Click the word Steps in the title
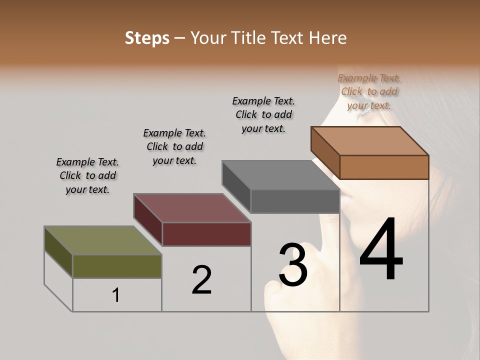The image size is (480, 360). [x=147, y=38]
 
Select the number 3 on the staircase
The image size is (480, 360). [x=293, y=264]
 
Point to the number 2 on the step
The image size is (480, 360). [x=201, y=280]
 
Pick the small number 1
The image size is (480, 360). [x=116, y=295]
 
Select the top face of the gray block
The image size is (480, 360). [x=280, y=175]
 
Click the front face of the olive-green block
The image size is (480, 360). [x=117, y=266]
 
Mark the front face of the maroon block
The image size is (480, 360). [x=206, y=234]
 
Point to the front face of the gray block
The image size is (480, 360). [x=295, y=201]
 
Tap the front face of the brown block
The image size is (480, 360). [x=384, y=167]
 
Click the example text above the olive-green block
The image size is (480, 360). [x=87, y=175]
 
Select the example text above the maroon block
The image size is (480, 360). [x=174, y=146]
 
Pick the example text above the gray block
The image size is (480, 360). [x=263, y=114]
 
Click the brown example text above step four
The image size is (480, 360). [x=369, y=91]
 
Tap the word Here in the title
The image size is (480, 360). [x=328, y=38]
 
